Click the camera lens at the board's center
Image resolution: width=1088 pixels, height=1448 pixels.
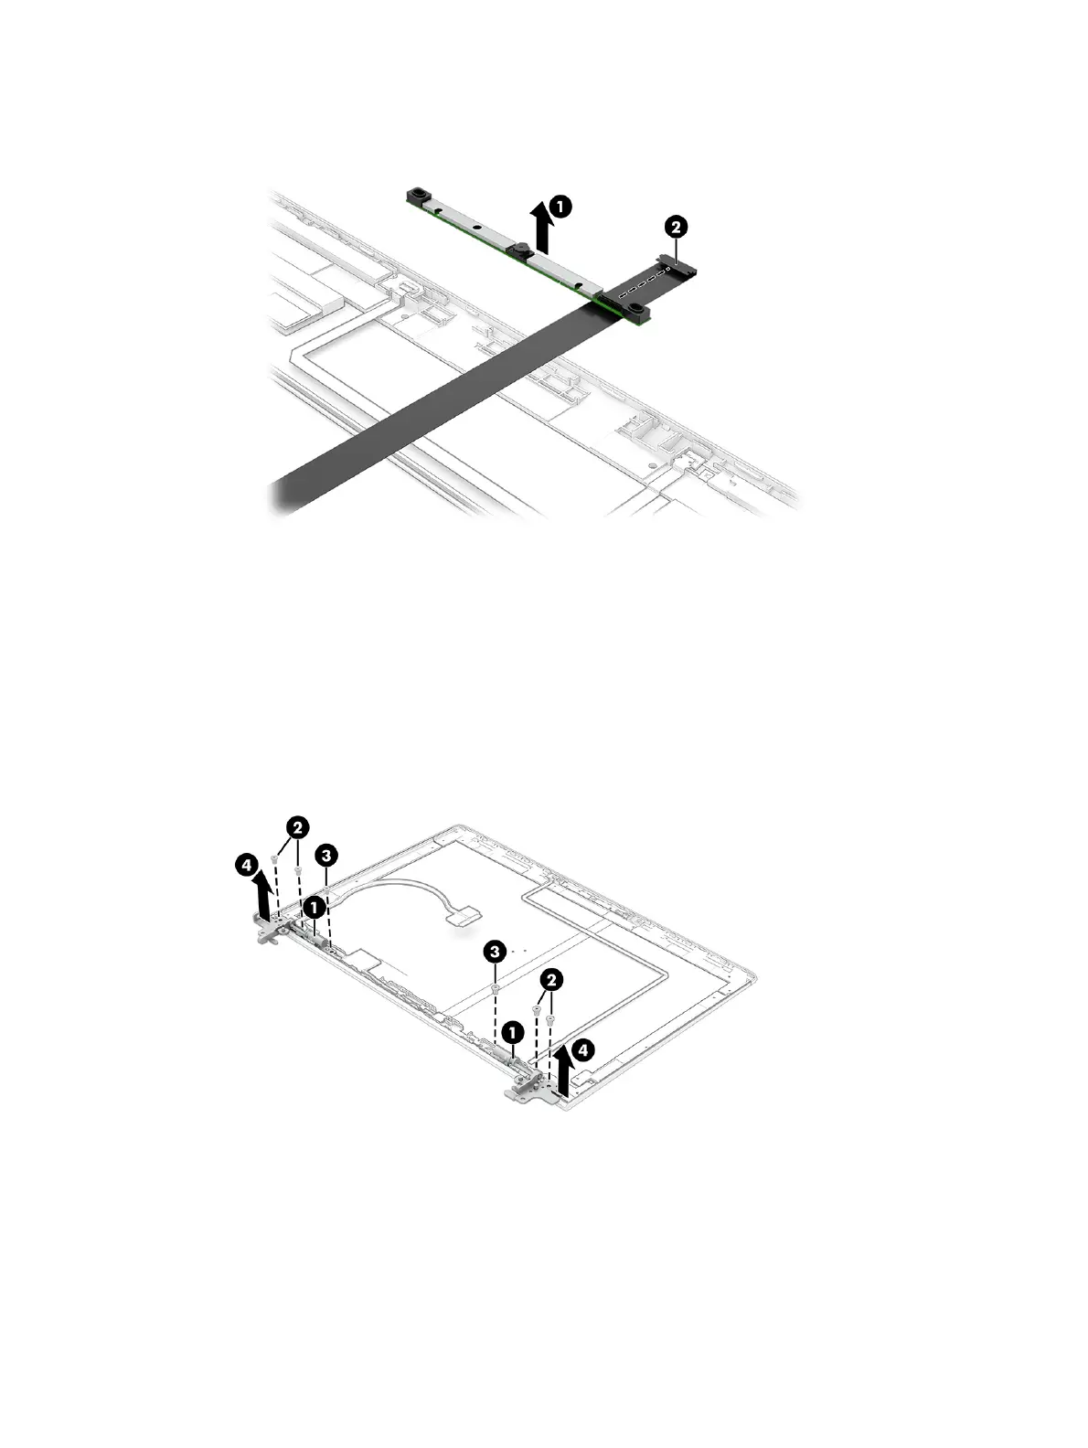pyautogui.click(x=518, y=250)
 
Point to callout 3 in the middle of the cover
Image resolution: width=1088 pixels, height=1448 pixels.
pyautogui.click(x=494, y=953)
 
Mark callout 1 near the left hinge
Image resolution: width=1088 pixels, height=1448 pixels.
pyautogui.click(x=314, y=908)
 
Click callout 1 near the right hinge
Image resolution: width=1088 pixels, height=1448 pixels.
pyautogui.click(x=514, y=1032)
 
